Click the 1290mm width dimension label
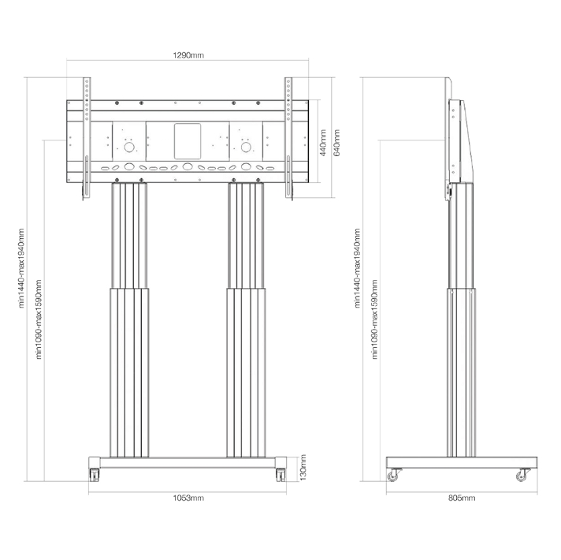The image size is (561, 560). [x=188, y=55]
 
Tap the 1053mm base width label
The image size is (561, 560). [x=188, y=498]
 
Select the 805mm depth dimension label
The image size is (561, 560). [x=462, y=498]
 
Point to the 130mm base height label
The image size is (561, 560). [x=303, y=467]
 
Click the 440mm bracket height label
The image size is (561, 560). [x=323, y=143]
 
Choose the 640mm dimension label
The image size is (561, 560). [x=336, y=143]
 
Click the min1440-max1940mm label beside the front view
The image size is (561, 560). [x=21, y=268]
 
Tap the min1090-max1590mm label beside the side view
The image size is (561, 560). [x=374, y=319]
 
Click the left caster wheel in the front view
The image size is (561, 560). [x=95, y=475]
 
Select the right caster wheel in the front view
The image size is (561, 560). [x=280, y=475]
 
